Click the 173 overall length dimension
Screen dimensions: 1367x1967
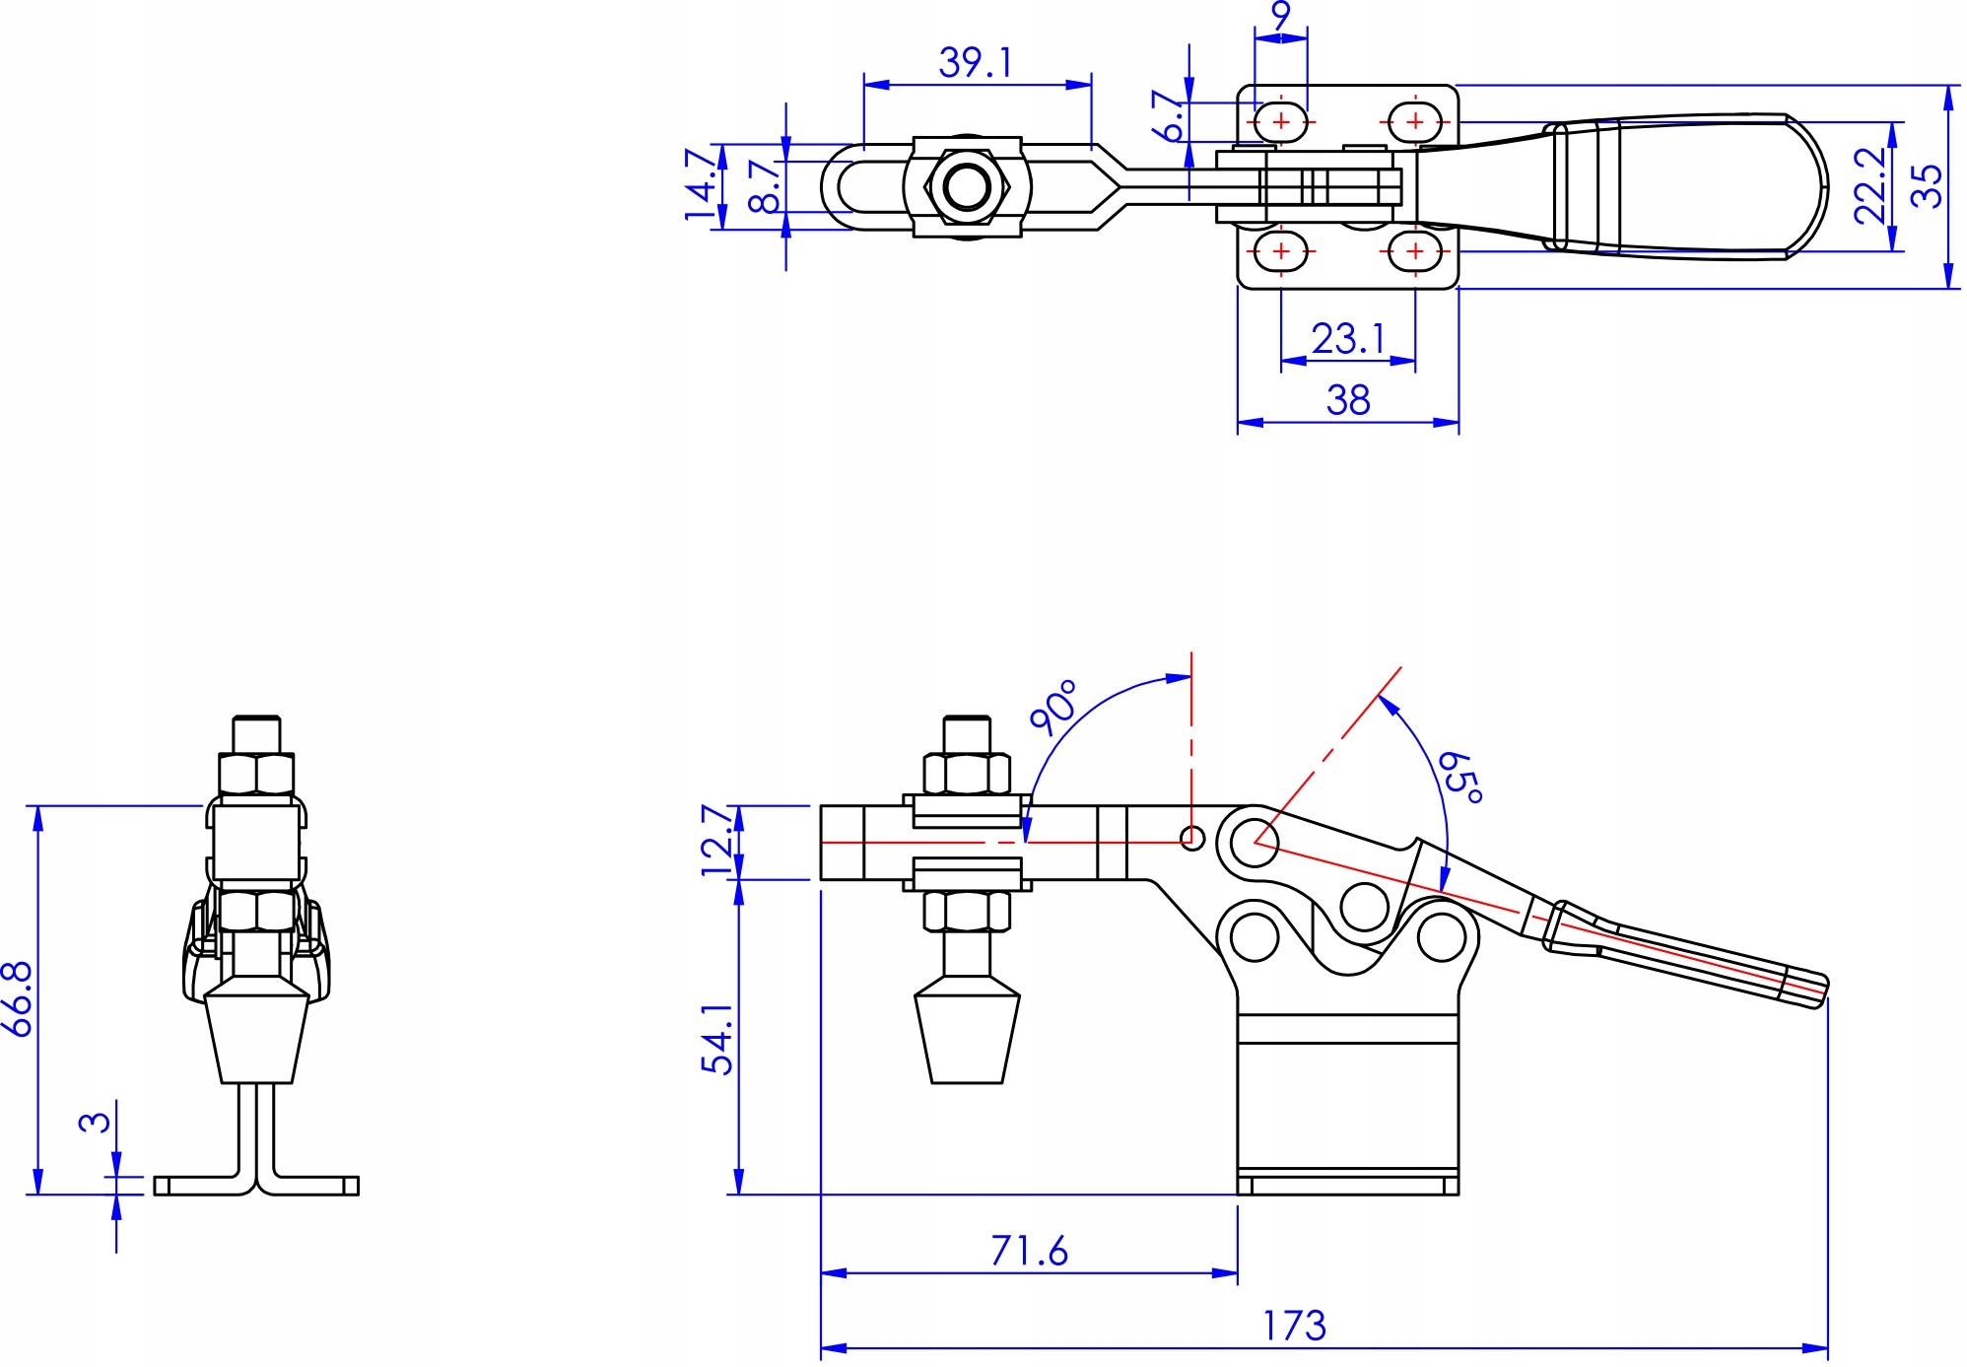click(x=1294, y=1326)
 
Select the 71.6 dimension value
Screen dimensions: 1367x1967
click(x=1029, y=1251)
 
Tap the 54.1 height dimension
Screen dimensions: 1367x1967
click(x=718, y=1039)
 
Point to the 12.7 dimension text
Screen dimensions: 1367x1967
click(x=718, y=841)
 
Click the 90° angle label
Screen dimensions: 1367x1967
click(x=1053, y=707)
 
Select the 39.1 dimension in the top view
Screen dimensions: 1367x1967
click(x=975, y=63)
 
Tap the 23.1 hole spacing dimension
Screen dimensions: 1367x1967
click(x=1348, y=339)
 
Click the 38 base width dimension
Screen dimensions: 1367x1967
click(x=1348, y=400)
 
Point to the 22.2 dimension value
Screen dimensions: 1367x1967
click(x=1869, y=185)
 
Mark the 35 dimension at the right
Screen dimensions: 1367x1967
click(x=1927, y=185)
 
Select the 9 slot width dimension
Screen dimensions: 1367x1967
click(x=1280, y=16)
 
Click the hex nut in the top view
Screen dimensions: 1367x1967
click(x=967, y=186)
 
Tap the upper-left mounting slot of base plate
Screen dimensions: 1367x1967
click(x=1280, y=122)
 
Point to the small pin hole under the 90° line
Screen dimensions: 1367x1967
click(x=1191, y=840)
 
